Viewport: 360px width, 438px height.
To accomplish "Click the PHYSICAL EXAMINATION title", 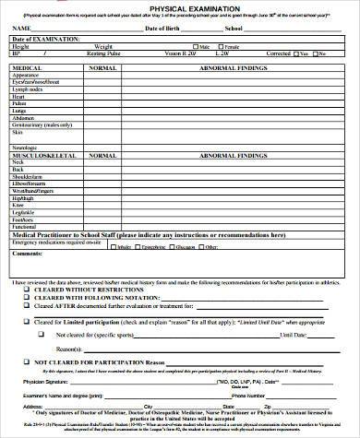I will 181,6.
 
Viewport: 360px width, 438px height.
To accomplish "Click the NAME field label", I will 19,29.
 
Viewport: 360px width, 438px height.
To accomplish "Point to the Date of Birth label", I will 162,29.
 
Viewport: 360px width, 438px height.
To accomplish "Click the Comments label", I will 28,255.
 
